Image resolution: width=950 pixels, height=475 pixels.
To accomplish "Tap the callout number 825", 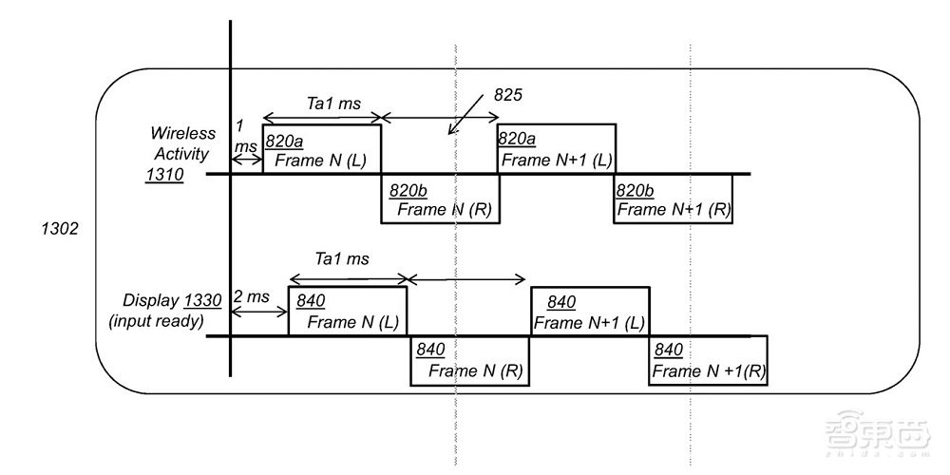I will (509, 96).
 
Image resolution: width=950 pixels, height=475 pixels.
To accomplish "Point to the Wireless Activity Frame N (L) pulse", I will (322, 149).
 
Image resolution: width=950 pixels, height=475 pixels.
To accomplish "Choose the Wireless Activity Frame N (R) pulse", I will (440, 199).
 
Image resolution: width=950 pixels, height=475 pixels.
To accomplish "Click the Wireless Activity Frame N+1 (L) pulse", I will (557, 149).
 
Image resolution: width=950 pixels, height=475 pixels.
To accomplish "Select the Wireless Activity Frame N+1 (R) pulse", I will (674, 199).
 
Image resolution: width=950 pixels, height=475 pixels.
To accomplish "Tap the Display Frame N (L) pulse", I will (348, 312).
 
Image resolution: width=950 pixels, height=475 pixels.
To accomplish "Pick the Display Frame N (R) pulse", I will (470, 360).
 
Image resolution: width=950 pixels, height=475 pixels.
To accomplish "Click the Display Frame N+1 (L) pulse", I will (590, 312).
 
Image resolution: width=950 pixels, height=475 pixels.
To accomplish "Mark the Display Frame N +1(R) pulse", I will (708, 360).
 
